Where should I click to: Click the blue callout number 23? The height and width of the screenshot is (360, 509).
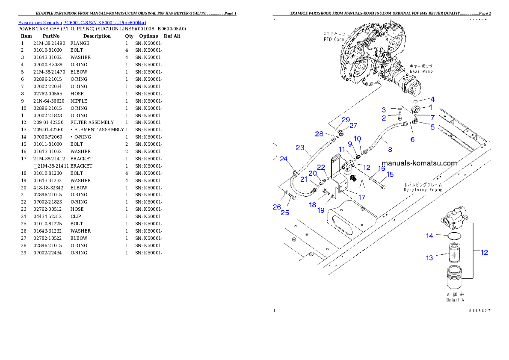[x=300, y=148]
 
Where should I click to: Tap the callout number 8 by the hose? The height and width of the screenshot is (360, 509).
[x=390, y=150]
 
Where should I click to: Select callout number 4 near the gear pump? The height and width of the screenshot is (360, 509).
[x=432, y=99]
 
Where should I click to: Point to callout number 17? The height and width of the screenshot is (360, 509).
[x=362, y=198]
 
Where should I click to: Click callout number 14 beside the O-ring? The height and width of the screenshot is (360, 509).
[x=429, y=236]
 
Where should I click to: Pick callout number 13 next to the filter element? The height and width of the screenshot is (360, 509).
[x=429, y=257]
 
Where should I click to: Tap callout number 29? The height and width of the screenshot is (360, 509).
[x=346, y=119]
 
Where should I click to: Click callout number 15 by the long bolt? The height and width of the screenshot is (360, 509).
[x=390, y=174]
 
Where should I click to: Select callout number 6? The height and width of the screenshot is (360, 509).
[x=412, y=139]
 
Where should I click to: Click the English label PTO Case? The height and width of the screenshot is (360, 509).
[x=334, y=39]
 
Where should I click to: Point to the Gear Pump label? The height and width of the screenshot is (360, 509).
[x=421, y=72]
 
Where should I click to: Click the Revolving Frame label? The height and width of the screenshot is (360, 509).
[x=423, y=189]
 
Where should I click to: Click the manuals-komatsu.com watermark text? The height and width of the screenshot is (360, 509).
[x=419, y=163]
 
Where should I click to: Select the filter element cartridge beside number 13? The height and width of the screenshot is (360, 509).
[x=454, y=253]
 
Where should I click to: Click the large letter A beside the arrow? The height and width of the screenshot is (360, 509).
[x=361, y=184]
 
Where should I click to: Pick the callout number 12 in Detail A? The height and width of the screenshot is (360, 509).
[x=484, y=252]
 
